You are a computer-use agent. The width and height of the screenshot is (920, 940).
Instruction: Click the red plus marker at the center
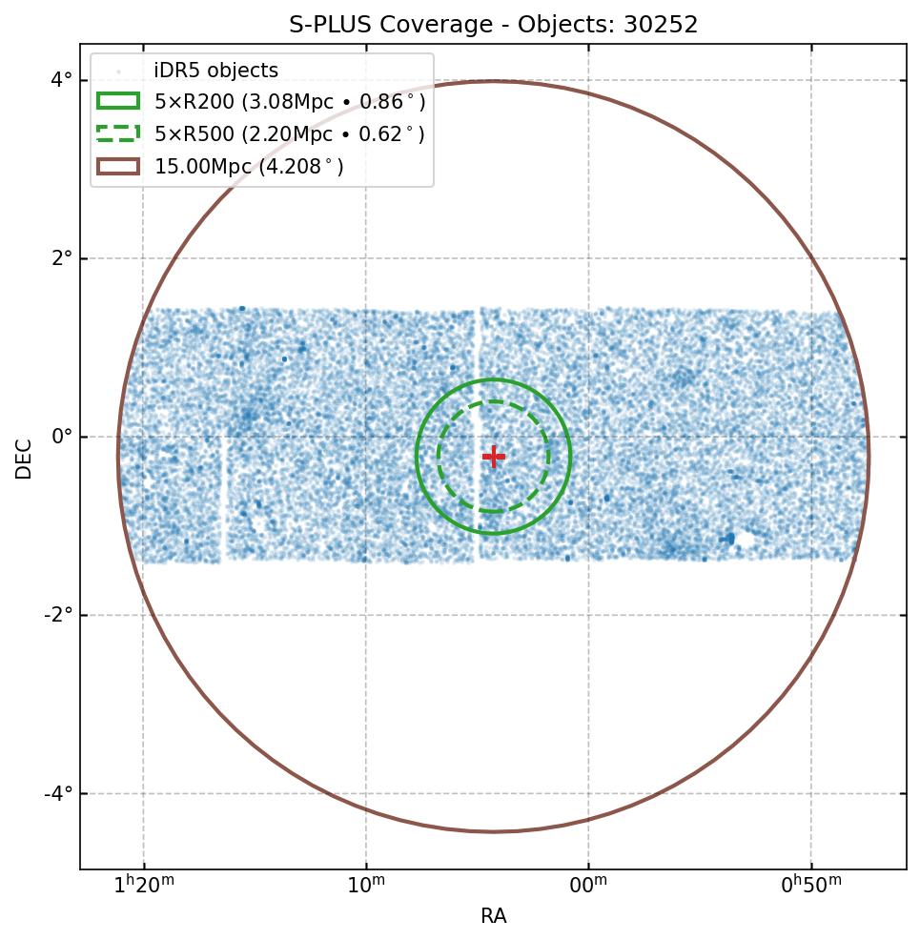493,457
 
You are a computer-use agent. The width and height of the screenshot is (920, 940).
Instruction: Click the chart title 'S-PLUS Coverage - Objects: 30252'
493,25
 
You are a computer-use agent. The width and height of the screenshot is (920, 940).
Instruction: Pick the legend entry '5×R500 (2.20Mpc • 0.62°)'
289,134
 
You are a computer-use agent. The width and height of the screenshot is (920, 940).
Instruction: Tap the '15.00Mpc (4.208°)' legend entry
249,167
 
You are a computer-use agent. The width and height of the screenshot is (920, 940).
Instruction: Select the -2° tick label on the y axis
59,615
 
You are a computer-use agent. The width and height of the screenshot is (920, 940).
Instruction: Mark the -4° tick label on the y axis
59,793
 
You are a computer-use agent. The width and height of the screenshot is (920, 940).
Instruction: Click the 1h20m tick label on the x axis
144,886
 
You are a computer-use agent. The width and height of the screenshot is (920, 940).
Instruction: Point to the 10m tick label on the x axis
366,886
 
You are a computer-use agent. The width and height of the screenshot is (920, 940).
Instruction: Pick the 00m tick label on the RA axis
588,886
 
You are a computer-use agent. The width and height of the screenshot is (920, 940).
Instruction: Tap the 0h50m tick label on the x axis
811,886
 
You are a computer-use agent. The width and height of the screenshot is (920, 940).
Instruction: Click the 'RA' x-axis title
493,916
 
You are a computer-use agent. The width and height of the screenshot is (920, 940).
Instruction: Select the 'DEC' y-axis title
24,459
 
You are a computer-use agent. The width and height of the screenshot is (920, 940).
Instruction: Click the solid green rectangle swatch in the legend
118,101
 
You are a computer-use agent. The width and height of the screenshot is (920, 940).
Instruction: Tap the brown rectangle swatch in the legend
118,166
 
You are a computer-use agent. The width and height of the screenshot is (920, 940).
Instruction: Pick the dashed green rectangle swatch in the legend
118,133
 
